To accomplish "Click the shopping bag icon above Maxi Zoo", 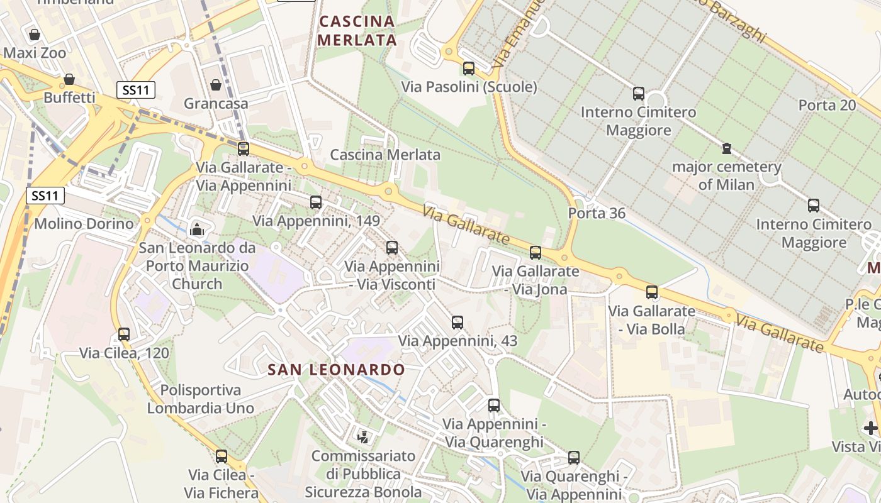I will pos(35,34).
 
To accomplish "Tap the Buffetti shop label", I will pos(69,97).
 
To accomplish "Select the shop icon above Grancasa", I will pos(216,84).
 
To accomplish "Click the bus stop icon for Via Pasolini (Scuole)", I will pos(469,68).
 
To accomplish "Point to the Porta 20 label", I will pos(827,105).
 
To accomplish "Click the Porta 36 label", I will pos(597,213).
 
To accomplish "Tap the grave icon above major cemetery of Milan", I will pos(727,148).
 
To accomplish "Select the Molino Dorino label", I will pos(84,223).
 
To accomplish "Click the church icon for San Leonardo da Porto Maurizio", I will pos(197,229).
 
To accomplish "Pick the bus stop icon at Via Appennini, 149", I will pos(316,202).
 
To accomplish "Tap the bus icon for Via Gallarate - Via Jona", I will pos(536,252).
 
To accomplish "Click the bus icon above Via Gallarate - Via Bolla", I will pos(652,292).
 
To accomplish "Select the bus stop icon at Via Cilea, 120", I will pos(124,334).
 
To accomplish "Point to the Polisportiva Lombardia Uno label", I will pos(201,399).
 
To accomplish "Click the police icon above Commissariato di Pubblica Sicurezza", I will pos(363,436).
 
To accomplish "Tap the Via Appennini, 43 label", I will pos(457,341).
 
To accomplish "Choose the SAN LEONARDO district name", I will pos(336,369).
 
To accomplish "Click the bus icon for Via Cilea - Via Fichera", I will pos(222,456).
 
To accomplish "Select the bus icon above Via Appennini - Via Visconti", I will pos(392,247).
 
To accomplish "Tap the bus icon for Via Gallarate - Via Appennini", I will pos(244,148).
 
